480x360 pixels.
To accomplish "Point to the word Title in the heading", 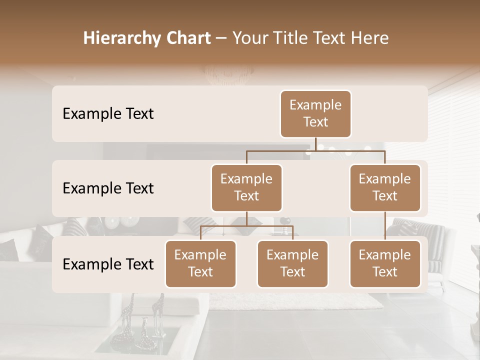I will pos(294,38).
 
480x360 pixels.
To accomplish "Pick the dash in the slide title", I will pos(221,38).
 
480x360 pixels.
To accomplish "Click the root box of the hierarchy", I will pos(315,113).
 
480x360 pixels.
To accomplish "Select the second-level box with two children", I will pos(246,187).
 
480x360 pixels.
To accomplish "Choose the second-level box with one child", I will pos(385,187).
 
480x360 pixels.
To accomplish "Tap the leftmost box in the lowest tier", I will pos(200,263).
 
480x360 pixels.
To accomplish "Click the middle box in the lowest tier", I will pos(292,263).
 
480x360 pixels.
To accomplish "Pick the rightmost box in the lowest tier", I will pos(385,263).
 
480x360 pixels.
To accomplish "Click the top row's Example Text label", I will pos(108,113).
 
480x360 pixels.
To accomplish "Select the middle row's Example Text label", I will pos(108,188).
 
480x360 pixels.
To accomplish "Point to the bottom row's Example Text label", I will pos(108,264).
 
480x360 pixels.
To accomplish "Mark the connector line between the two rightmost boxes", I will pos(385,226).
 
